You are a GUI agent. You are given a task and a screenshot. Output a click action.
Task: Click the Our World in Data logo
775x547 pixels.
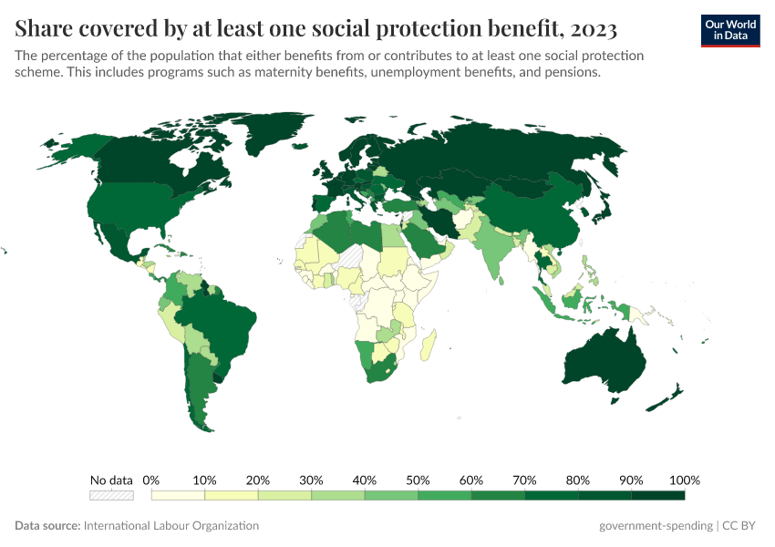(x=729, y=30)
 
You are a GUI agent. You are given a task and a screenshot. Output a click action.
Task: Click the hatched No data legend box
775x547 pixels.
(x=111, y=495)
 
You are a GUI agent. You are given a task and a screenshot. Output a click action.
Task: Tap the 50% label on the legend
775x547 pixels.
(x=418, y=480)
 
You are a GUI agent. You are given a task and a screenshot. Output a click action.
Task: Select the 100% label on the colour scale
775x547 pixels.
(x=684, y=480)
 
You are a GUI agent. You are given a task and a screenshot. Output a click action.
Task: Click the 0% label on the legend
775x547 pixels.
(x=152, y=480)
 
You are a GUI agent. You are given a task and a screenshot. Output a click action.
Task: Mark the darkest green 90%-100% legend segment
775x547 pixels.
(x=657, y=495)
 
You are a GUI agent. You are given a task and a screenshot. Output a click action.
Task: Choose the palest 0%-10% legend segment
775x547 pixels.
(x=179, y=495)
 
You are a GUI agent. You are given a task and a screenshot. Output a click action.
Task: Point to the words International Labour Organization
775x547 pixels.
(x=171, y=526)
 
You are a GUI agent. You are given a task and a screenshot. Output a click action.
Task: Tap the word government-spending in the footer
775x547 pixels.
(x=656, y=526)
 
